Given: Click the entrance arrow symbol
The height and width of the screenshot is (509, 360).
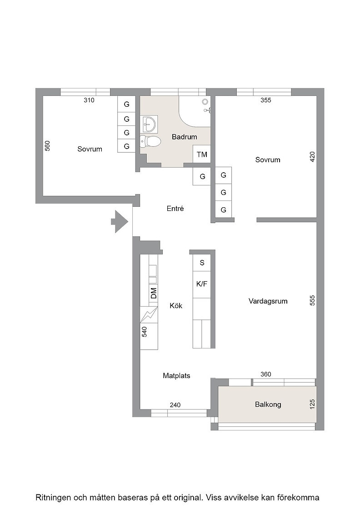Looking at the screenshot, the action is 120,222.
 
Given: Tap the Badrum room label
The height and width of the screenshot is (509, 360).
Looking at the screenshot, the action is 185,137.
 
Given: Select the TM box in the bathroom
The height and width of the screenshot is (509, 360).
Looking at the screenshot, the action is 202,154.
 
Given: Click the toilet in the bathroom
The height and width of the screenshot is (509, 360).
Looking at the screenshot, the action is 150,141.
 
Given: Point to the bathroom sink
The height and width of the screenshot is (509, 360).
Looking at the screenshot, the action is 149,124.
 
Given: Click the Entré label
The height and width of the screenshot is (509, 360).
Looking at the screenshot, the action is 175,209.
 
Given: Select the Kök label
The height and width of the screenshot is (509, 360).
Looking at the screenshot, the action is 176,306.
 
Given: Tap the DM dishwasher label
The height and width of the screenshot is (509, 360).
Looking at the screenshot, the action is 154,293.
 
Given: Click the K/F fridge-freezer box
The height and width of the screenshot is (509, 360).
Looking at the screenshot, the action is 202,284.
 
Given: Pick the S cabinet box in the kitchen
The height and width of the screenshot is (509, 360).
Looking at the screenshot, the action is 202,263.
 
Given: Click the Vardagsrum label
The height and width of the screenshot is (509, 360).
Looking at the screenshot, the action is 268,301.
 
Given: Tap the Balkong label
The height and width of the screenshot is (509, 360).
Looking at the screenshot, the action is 268,404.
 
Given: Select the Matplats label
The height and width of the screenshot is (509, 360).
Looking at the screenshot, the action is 177,376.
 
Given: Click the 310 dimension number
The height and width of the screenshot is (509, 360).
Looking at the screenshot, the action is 89,100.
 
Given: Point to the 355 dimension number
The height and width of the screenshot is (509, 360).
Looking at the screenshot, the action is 266,100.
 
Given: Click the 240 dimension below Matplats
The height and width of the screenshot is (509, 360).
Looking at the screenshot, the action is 175,405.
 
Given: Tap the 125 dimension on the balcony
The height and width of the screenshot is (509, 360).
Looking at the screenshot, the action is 312,404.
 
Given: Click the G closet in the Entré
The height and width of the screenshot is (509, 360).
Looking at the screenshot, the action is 202,176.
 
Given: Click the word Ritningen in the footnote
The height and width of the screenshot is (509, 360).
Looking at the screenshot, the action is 54,498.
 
